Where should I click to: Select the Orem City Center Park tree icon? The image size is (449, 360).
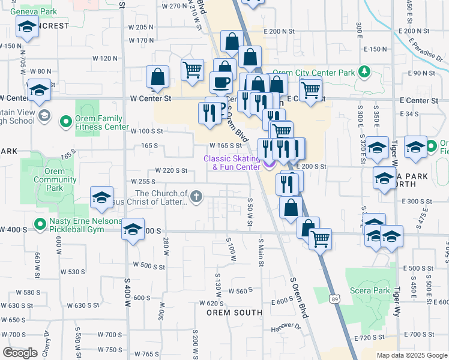tap(364, 73)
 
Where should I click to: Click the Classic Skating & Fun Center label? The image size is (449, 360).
tap(232, 163)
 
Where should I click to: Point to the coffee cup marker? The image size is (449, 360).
tap(221, 82)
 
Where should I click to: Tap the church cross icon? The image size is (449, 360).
tap(196, 196)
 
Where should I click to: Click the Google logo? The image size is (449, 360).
tap(19, 353)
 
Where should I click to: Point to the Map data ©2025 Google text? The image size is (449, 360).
tap(411, 355)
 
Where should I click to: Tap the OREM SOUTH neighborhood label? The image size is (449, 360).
tap(234, 313)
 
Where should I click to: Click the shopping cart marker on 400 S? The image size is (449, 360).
tap(321, 239)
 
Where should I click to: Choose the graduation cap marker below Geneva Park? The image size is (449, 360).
tap(26, 28)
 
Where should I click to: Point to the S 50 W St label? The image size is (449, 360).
tap(250, 212)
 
